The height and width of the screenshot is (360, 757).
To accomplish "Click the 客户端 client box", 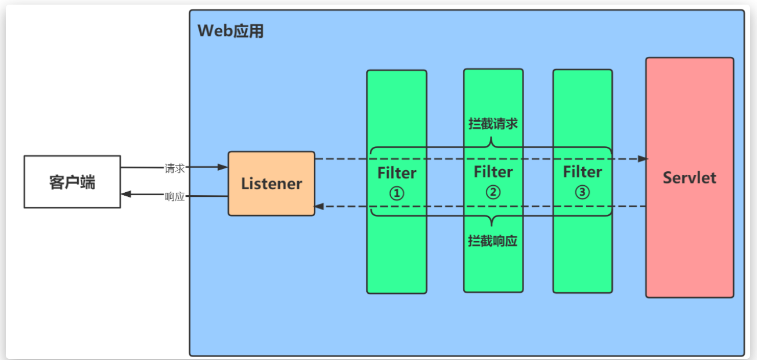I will (72, 182).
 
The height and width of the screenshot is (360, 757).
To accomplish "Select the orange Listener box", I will (271, 183).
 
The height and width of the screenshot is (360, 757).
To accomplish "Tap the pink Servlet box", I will (689, 177).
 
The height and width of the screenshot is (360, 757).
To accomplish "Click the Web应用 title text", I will (230, 31).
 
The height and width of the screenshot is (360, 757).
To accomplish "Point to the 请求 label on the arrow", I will (175, 168).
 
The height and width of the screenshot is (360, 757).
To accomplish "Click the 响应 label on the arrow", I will (175, 196).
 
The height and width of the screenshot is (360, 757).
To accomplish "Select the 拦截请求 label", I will (492, 124).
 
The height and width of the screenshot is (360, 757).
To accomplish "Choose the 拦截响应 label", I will (492, 241).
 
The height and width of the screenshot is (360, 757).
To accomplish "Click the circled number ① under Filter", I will (396, 193).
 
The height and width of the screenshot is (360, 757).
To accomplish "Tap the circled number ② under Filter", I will (493, 192).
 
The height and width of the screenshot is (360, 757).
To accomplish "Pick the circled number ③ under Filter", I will (582, 192).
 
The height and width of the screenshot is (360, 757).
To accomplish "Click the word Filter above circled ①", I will (396, 173).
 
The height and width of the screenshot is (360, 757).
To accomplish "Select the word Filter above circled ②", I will (493, 172).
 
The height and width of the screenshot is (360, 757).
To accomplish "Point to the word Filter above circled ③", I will (582, 172).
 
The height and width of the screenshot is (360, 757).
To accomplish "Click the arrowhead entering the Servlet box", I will (642, 159).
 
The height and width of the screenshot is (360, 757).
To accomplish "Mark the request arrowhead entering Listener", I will (223, 167).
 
